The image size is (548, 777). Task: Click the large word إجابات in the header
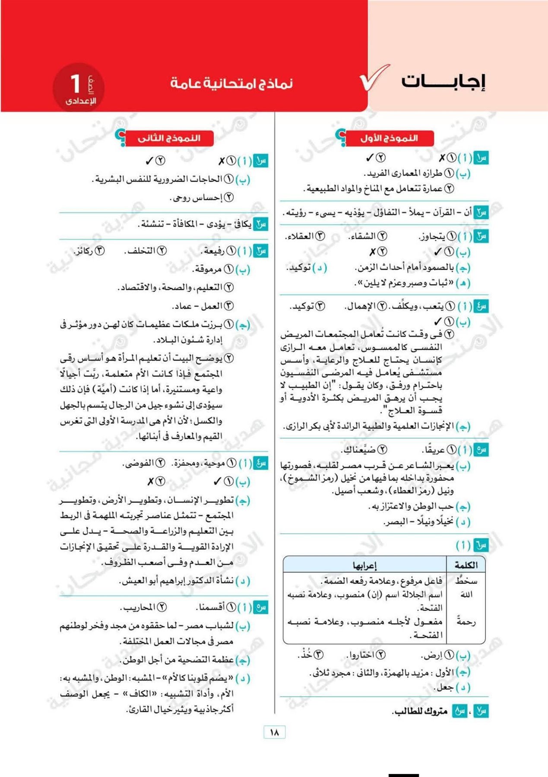(x=443, y=82)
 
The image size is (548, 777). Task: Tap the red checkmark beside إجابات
(x=374, y=77)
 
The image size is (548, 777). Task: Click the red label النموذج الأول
(x=389, y=138)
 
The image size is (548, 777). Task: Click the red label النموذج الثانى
(x=169, y=138)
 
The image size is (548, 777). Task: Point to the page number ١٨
(x=274, y=732)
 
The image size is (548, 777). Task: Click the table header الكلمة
(x=466, y=565)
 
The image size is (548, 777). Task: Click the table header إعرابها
(x=365, y=565)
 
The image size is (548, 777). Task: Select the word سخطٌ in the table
(x=466, y=581)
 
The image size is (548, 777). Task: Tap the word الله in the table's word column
(x=467, y=595)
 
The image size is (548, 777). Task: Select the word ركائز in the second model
(x=84, y=251)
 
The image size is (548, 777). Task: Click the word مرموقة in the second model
(x=207, y=269)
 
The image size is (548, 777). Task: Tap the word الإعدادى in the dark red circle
(x=81, y=101)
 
